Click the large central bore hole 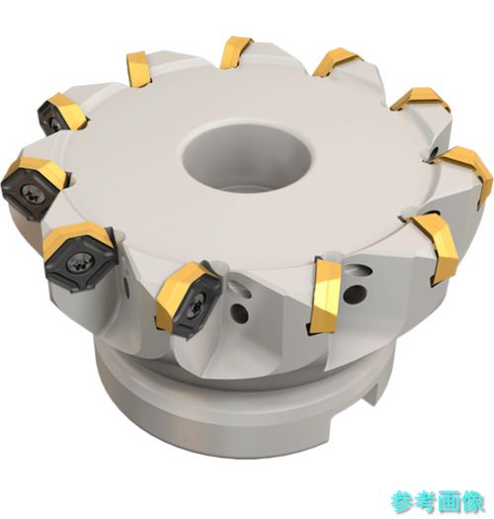(248, 155)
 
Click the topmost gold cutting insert (236, 52)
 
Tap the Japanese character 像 (473, 503)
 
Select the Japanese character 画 (450, 503)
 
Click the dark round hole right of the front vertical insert (358, 294)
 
